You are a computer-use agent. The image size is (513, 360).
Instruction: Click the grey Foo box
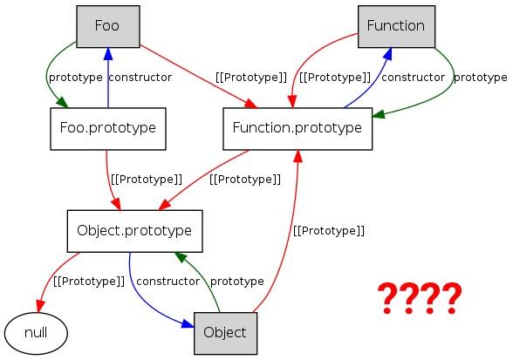tap(108, 26)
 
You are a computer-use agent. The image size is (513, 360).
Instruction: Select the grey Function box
tap(396, 26)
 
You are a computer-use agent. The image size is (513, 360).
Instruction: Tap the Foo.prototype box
tap(108, 129)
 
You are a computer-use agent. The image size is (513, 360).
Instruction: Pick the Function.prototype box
tap(298, 129)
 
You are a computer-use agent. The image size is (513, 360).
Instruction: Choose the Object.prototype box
tap(134, 231)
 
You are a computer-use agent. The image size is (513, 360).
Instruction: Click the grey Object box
tap(225, 333)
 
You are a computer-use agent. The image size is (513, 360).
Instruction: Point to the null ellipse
tap(36, 334)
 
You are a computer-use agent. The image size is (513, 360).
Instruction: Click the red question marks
tap(420, 298)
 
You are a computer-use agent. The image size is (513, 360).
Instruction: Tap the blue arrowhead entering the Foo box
tap(108, 54)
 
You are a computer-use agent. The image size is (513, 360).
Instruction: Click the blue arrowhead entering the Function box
tap(387, 54)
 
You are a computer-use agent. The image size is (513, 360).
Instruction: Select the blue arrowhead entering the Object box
tap(188, 323)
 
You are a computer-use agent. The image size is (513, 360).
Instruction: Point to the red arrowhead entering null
tap(39, 306)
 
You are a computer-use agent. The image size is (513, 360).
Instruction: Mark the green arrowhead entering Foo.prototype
tap(63, 102)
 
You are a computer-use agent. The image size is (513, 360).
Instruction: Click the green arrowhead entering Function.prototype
tap(379, 114)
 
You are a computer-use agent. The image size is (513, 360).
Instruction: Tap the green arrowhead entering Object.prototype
tap(181, 257)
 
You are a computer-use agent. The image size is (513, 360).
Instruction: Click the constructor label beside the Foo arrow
tap(140, 78)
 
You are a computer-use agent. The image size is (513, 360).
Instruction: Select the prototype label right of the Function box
tap(480, 78)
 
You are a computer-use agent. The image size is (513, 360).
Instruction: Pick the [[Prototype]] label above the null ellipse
tap(89, 282)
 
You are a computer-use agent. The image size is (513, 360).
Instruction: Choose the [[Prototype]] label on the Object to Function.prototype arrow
tap(329, 231)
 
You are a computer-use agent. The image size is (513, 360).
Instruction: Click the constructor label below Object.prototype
tap(168, 282)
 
